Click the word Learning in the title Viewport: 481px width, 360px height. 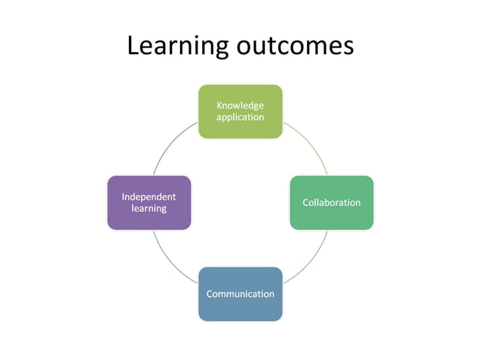(178, 46)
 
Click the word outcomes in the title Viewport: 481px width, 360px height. (296, 46)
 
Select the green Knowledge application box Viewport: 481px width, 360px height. (240, 111)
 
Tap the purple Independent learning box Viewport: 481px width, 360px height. (149, 203)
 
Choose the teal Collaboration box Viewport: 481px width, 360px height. (332, 203)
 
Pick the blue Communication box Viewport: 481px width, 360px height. (240, 294)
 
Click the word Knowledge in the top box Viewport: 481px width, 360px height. (240, 105)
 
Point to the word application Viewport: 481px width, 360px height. (240, 117)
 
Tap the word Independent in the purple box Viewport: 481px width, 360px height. (149, 197)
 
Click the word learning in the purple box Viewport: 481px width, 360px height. (149, 209)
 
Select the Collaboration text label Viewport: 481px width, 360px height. (332, 203)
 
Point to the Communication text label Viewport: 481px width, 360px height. (240, 294)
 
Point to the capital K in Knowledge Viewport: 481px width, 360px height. (219, 105)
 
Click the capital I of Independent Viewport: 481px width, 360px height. (123, 197)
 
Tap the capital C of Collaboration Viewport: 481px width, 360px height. (306, 203)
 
